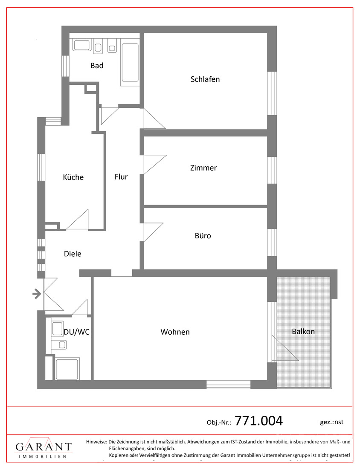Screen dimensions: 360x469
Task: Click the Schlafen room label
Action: [x=205, y=79]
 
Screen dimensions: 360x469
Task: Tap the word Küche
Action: [x=73, y=177]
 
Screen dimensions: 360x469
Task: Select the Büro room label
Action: [x=203, y=236]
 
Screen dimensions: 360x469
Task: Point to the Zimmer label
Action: [x=203, y=168]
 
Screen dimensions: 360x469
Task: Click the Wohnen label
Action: [x=175, y=332]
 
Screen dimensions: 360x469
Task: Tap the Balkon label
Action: [x=303, y=332]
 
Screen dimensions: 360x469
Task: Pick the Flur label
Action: [x=121, y=177]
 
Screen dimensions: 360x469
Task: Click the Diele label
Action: [x=73, y=254]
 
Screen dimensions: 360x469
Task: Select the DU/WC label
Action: [x=77, y=332]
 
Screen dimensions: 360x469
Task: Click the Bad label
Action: [x=97, y=66]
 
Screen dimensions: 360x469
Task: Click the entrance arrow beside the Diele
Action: [x=37, y=294]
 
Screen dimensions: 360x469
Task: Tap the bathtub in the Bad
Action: [x=130, y=63]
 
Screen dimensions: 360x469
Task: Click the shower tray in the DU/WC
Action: [x=67, y=369]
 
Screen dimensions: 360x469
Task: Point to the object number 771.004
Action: [x=259, y=420]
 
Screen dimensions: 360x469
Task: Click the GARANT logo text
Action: [x=44, y=447]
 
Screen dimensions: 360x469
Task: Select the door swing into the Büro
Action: [x=153, y=232]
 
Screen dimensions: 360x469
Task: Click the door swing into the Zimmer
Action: [x=155, y=165]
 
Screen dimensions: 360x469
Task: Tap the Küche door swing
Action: [x=77, y=220]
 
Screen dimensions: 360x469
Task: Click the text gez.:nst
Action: [x=331, y=423]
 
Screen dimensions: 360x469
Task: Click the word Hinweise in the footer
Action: [x=96, y=441]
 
